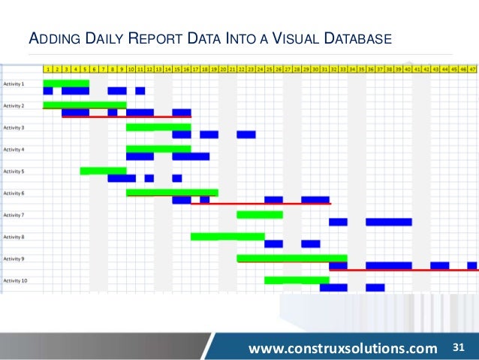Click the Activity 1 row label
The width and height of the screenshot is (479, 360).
click(14, 83)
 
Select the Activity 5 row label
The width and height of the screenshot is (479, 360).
click(14, 171)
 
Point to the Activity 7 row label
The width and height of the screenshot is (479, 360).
click(14, 215)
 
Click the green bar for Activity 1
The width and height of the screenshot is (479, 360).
click(66, 83)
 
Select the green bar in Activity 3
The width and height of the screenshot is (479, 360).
click(158, 127)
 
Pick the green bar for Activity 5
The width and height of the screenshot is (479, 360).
click(103, 171)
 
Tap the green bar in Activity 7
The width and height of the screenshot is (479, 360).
click(260, 214)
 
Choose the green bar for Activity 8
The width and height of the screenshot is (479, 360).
click(227, 236)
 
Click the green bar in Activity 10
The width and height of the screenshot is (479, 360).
click(292, 280)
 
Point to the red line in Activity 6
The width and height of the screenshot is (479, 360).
click(261, 204)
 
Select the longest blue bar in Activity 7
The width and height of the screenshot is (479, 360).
click(389, 222)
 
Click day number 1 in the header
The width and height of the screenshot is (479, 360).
click(48, 68)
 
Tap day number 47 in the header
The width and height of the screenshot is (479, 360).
click(472, 68)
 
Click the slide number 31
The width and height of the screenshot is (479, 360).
click(460, 347)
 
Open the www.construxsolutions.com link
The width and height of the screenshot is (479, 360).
click(343, 348)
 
